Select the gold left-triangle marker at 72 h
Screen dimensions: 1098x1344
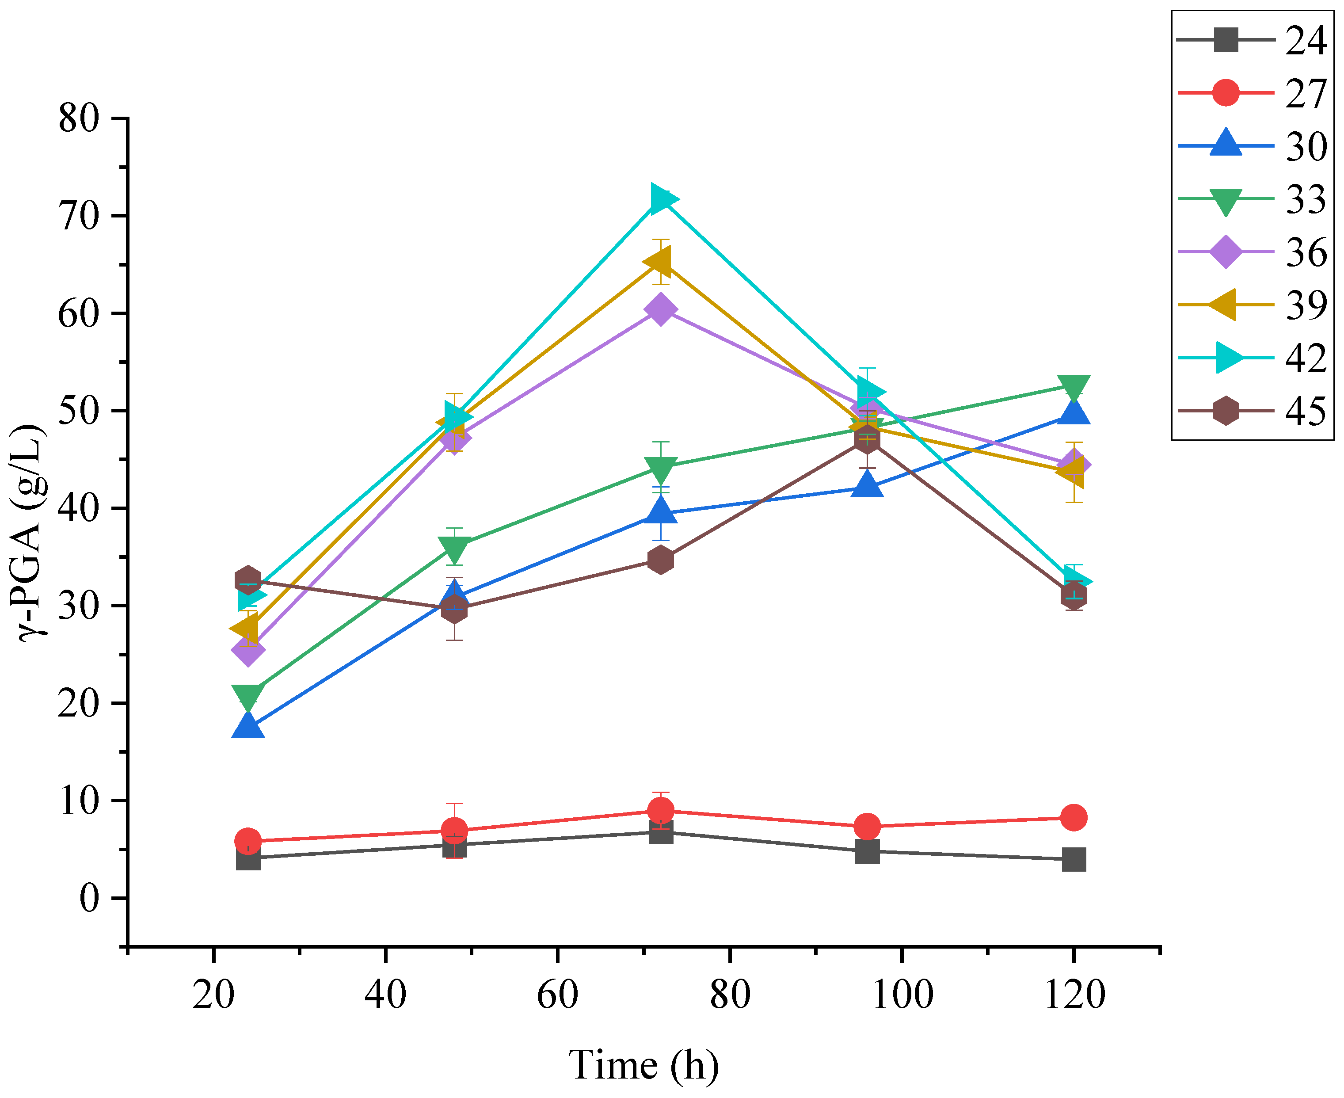(x=659, y=261)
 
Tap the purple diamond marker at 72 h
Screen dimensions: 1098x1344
(x=660, y=309)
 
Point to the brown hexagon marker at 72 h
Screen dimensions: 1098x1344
(x=660, y=560)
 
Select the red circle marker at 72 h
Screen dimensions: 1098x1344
(x=660, y=811)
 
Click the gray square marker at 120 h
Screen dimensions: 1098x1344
(x=1074, y=860)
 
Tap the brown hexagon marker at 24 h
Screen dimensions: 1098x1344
(x=248, y=580)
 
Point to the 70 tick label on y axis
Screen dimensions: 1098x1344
(x=80, y=216)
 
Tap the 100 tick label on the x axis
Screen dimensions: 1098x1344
(x=902, y=994)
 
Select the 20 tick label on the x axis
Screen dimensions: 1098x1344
(x=214, y=994)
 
